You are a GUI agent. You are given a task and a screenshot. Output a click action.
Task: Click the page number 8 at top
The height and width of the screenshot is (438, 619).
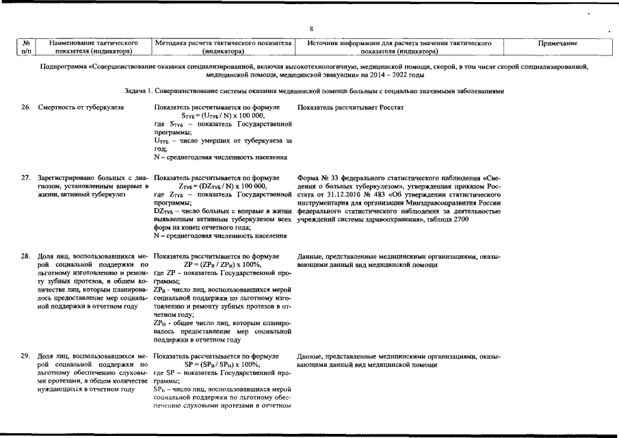[311, 29]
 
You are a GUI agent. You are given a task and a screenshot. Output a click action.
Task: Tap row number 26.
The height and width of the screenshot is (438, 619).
[25, 108]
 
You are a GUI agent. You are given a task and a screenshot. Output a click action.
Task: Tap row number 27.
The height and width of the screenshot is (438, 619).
[25, 178]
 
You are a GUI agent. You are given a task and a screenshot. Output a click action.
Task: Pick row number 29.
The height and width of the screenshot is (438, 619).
[25, 357]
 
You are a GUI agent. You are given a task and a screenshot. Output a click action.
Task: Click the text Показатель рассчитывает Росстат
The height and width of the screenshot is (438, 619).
[351, 108]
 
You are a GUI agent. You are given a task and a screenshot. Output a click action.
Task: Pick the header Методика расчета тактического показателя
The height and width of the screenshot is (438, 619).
[224, 43]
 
